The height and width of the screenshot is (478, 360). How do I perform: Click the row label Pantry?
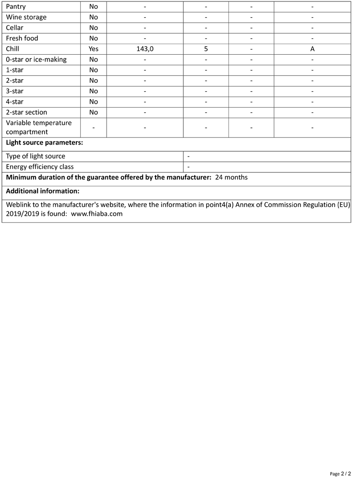16,7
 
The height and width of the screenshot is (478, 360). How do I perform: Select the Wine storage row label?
26,17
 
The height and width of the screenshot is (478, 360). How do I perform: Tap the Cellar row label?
14,28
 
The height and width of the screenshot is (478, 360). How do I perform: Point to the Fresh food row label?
22,38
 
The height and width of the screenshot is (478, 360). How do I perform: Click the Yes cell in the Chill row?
94,49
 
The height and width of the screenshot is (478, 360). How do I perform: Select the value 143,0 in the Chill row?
144,49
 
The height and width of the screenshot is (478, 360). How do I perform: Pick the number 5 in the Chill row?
205,49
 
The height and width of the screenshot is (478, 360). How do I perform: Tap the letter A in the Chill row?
312,49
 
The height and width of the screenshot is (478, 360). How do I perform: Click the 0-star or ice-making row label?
36,60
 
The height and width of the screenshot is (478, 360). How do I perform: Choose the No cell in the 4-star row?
94,102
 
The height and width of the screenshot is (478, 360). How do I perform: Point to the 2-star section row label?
26,112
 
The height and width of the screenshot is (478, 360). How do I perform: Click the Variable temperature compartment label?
39,127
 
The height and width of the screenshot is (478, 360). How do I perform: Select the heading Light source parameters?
45,143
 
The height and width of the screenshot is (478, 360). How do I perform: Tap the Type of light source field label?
36,156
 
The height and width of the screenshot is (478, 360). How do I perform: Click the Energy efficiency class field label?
40,167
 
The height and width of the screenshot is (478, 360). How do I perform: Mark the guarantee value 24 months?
231,177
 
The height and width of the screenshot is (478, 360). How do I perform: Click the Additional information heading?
43,191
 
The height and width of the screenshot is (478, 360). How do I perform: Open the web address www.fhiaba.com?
96,214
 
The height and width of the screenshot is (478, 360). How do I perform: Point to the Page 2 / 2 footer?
340,474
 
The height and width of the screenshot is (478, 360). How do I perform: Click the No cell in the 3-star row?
94,91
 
